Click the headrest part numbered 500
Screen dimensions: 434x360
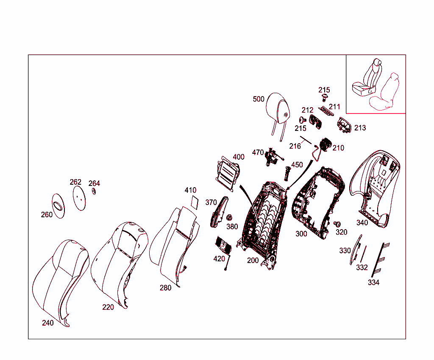278,108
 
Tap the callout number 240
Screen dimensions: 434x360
47,323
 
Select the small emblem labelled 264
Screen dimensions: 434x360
94,191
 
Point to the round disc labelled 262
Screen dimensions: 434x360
79,198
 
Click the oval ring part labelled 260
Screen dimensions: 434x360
58,206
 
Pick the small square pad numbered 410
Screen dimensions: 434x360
195,202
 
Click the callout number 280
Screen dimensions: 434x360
166,288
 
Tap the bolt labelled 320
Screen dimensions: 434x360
337,224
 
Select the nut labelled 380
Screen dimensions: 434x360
229,218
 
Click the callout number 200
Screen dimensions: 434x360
253,260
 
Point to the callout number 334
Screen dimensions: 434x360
373,282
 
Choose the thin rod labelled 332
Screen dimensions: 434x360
363,254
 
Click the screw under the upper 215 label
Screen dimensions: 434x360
324,97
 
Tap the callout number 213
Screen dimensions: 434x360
360,128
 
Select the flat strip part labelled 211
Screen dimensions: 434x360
326,111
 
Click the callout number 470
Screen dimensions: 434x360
258,152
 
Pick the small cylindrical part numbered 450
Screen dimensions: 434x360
287,173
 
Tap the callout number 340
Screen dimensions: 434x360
362,223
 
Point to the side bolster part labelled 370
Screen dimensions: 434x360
219,212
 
